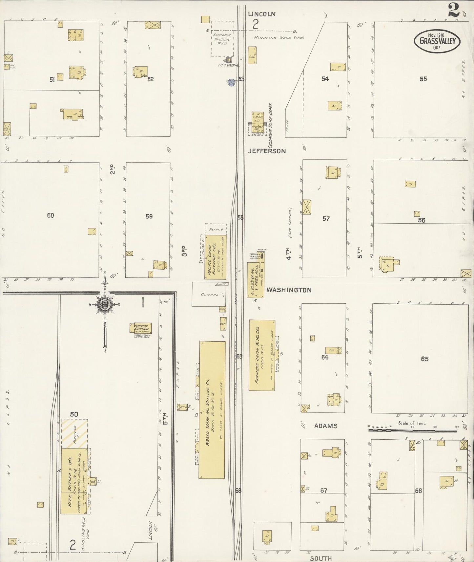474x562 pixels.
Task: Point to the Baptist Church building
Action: [141, 328]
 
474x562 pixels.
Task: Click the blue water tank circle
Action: [231, 82]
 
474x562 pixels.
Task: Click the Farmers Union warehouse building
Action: [261, 355]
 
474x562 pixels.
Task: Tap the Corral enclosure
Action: [209, 294]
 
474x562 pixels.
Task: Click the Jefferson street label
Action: [267, 151]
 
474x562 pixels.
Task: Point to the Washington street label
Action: [289, 290]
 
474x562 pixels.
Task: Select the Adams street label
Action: [325, 426]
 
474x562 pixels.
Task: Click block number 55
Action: [423, 79]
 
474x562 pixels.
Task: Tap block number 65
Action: [424, 359]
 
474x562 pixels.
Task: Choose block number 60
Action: [50, 215]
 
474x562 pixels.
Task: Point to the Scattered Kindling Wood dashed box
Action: [222, 39]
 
